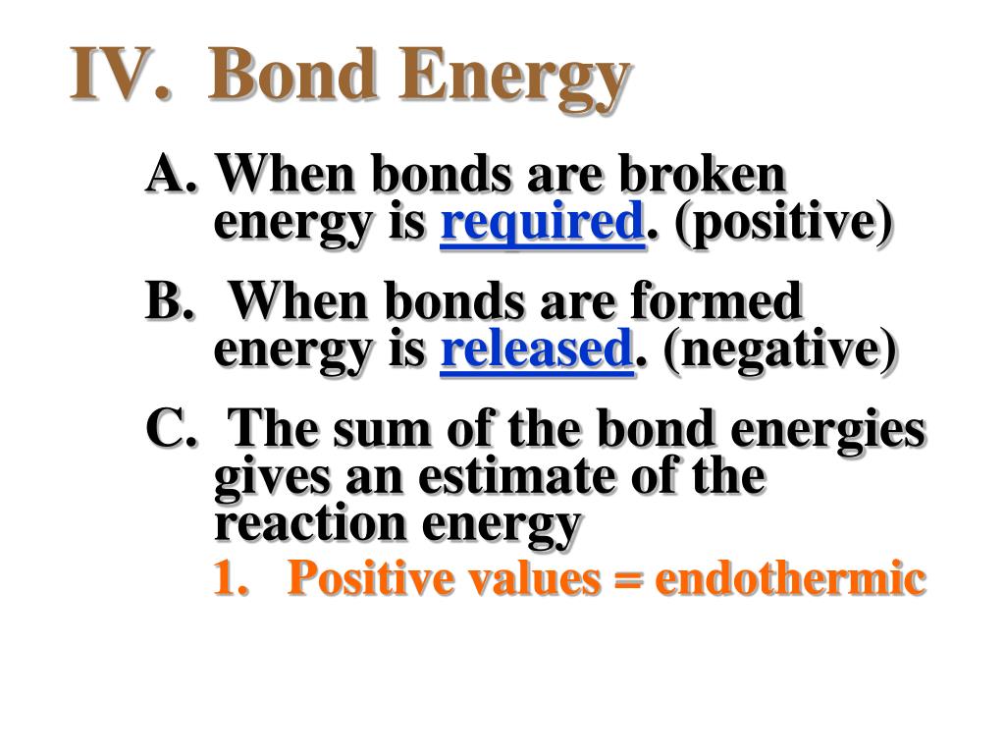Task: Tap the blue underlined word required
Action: coord(542,222)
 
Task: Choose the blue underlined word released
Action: coord(537,349)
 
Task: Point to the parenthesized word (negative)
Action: coord(778,350)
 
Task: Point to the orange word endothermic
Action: coord(790,577)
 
